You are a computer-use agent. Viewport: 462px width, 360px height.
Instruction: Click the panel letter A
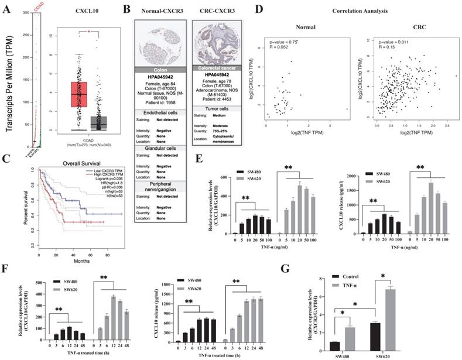[8, 10]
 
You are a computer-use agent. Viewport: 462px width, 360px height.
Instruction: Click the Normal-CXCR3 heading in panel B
[159, 11]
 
